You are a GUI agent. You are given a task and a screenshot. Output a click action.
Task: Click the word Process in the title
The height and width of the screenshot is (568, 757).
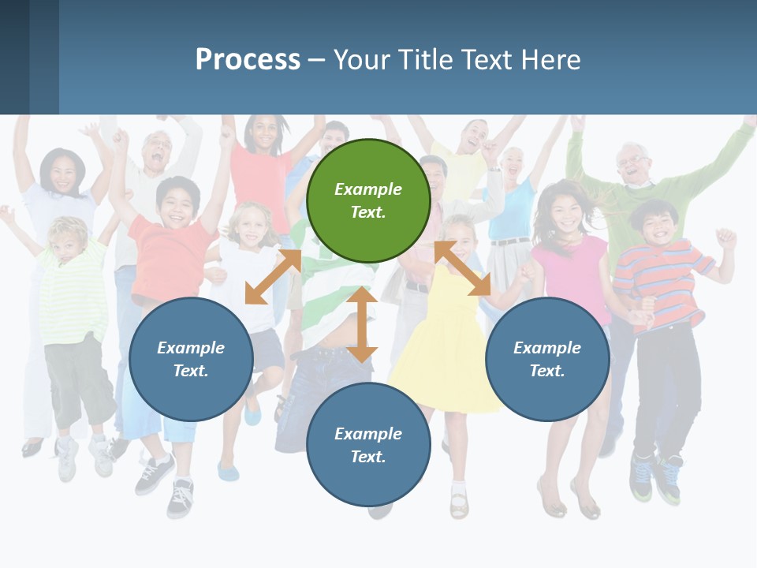coord(248,60)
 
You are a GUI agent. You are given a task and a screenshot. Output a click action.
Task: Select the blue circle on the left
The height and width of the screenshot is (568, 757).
coord(191,359)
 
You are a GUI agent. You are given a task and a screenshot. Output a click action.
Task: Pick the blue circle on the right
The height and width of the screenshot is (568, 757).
coord(547,359)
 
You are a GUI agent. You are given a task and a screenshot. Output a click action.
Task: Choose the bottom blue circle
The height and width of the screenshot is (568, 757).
coord(368,445)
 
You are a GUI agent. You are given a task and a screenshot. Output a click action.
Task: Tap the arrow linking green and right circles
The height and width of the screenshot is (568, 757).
coord(463,268)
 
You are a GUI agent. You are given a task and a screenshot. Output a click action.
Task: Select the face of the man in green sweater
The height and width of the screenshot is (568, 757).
coord(633,164)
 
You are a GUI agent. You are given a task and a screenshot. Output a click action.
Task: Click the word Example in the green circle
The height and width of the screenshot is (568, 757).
coord(368,189)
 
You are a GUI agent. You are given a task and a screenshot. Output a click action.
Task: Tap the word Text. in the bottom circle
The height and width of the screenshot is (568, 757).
coord(368,457)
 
